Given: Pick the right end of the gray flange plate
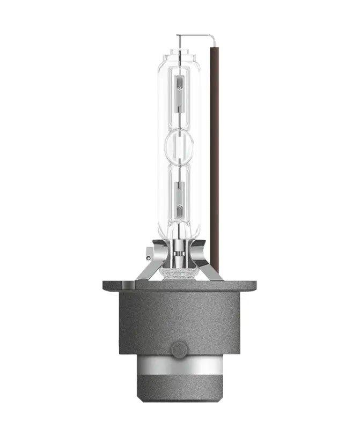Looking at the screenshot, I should click(252, 286).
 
